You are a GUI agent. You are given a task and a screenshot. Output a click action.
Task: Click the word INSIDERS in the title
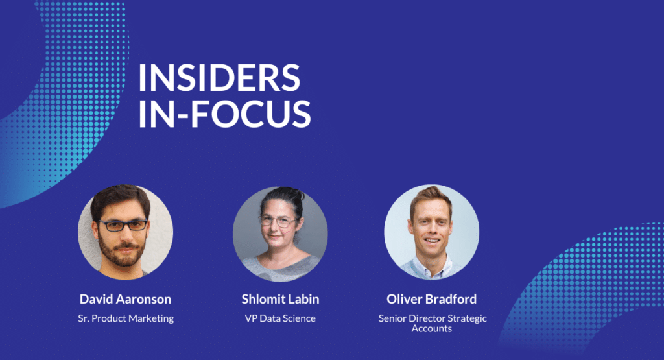point(219,77)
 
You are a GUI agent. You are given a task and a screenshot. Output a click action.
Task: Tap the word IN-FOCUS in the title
point(225,114)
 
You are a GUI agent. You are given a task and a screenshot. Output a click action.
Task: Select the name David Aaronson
point(125,299)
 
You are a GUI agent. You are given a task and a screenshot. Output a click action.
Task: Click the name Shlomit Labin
point(280,299)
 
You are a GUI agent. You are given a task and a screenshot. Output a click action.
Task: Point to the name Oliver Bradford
point(431,299)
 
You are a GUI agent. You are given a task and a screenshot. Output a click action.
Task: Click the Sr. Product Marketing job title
point(126,318)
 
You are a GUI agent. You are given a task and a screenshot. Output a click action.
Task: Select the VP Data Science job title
point(280,318)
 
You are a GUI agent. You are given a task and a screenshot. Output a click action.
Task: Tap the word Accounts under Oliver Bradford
point(431,329)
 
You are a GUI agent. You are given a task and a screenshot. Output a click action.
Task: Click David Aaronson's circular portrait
point(125,232)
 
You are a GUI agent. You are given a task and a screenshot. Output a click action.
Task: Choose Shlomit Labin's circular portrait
point(280,234)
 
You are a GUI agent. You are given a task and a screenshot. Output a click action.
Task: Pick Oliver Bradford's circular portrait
point(431,232)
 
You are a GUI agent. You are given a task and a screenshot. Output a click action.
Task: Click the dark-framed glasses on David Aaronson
point(123,225)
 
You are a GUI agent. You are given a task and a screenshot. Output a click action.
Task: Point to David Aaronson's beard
point(122,252)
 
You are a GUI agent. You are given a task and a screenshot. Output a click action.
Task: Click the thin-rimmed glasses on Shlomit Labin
point(278,221)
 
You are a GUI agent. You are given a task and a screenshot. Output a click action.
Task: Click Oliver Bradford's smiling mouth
point(431,241)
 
